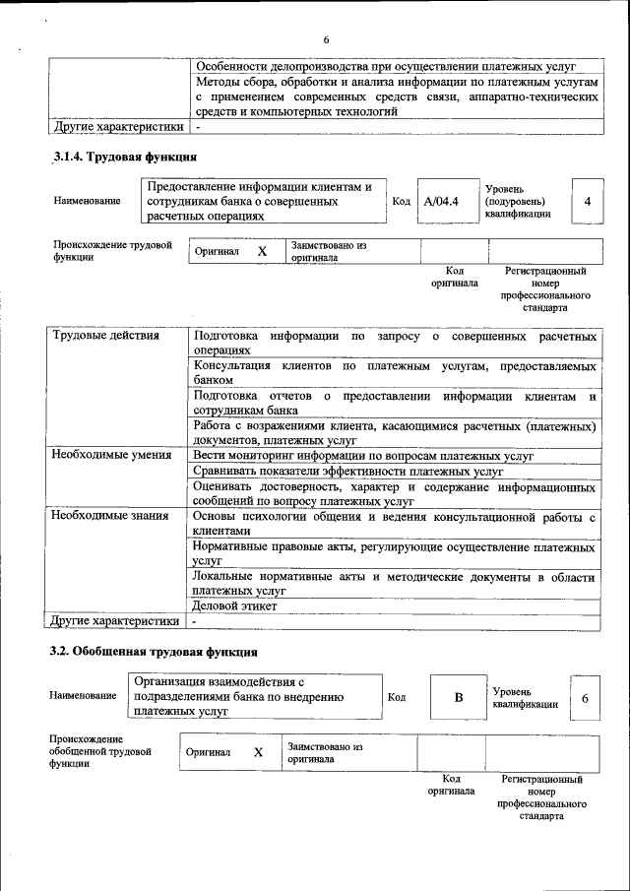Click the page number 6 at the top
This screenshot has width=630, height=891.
pyautogui.click(x=325, y=39)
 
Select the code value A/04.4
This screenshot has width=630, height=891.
pyautogui.click(x=441, y=202)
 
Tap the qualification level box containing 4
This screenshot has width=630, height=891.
pyautogui.click(x=587, y=202)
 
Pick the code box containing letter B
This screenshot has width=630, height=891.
pyautogui.click(x=457, y=698)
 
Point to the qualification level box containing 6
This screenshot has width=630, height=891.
pyautogui.click(x=585, y=698)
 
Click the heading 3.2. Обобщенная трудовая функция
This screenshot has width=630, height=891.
pyautogui.click(x=155, y=652)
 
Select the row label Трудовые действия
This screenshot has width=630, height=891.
pyautogui.click(x=105, y=336)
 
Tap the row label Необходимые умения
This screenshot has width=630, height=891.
pyautogui.click(x=111, y=455)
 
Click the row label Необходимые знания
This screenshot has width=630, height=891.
pyautogui.click(x=110, y=516)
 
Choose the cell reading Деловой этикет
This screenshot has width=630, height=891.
pyautogui.click(x=235, y=606)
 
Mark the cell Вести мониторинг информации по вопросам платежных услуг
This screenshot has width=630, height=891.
pyautogui.click(x=363, y=455)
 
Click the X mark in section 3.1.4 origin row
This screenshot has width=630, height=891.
pyautogui.click(x=262, y=252)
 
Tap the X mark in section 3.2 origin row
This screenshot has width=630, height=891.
pyautogui.click(x=258, y=752)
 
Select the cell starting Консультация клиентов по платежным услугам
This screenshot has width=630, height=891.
pyautogui.click(x=394, y=372)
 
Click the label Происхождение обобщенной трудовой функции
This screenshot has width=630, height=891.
pyautogui.click(x=98, y=752)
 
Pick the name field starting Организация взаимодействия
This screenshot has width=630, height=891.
pyautogui.click(x=254, y=694)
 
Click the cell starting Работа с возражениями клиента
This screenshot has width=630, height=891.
pyautogui.click(x=394, y=433)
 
